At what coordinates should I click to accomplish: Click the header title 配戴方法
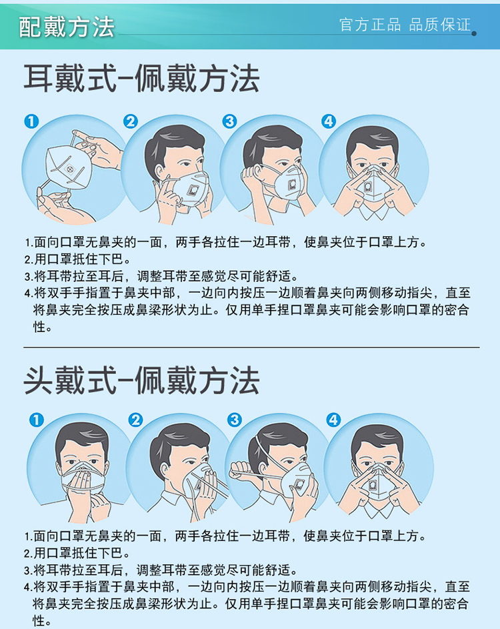point(67,27)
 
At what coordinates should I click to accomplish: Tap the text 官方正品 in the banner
point(370,25)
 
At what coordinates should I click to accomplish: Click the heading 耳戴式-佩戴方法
point(141,79)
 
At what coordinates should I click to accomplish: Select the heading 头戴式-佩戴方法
point(141,381)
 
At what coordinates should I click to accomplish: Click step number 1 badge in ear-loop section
point(32,121)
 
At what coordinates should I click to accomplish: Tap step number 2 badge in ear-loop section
point(131,121)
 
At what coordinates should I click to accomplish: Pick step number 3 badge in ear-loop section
point(230,121)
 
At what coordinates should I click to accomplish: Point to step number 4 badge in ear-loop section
point(329,121)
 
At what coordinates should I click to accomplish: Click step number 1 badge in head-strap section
point(37,420)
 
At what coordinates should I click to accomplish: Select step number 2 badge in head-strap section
point(135,420)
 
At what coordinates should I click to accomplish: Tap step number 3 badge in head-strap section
point(235,420)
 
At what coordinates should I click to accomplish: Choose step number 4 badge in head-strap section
point(333,420)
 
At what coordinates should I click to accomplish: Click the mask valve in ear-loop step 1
point(71,171)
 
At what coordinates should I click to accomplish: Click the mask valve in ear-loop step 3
point(293,183)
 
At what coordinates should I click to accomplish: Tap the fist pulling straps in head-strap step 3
point(241,470)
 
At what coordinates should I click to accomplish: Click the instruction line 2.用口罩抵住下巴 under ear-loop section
point(78,259)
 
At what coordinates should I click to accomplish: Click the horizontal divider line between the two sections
point(251,348)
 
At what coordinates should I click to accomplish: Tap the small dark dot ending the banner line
point(474,34)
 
